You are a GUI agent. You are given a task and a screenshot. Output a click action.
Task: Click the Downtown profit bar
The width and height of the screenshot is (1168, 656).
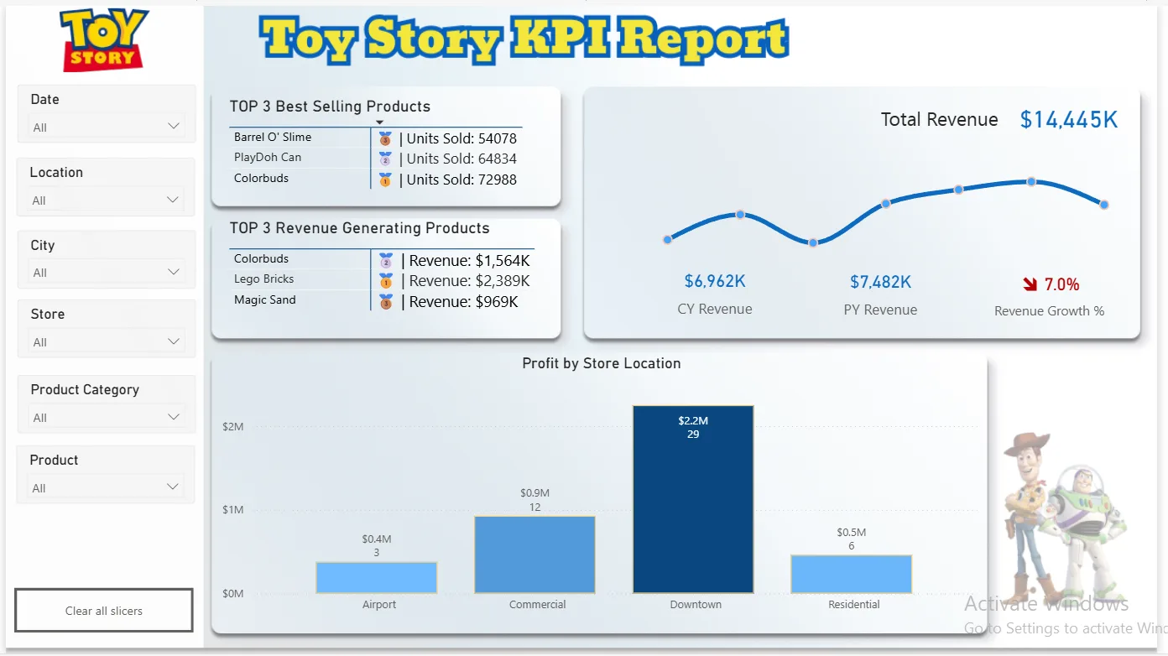(x=693, y=499)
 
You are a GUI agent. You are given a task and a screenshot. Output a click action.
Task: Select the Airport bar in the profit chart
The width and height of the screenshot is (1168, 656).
(x=376, y=577)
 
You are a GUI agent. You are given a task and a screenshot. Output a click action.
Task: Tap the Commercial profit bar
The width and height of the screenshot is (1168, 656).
(x=534, y=554)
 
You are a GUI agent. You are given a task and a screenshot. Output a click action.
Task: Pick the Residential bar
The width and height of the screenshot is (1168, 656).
(x=851, y=574)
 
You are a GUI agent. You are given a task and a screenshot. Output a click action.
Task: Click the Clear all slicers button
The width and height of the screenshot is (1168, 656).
(x=104, y=610)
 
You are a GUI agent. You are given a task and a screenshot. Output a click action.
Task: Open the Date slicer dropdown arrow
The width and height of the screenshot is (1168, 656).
(x=173, y=126)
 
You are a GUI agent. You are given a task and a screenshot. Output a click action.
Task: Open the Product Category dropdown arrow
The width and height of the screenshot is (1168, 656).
(x=173, y=417)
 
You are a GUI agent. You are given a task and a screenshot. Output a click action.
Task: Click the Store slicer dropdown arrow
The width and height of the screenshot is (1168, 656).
(x=173, y=341)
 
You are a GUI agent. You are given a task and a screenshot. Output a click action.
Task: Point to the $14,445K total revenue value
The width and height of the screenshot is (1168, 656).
(x=1068, y=120)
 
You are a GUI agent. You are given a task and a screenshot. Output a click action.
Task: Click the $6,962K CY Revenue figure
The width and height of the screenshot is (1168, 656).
(x=715, y=282)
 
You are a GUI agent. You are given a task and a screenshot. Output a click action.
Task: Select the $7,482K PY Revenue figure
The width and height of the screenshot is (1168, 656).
(x=881, y=282)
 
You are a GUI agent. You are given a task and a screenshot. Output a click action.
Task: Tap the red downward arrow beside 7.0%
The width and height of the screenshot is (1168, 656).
(x=1030, y=284)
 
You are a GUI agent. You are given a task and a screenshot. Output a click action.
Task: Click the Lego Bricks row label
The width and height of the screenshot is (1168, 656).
(x=263, y=279)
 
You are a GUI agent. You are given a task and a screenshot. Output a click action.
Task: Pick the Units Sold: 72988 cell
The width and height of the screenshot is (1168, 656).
(x=458, y=180)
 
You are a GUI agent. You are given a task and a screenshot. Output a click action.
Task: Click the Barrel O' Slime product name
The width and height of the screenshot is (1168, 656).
(x=273, y=137)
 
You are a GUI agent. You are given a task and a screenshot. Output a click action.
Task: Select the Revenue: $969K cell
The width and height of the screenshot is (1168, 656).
(x=460, y=302)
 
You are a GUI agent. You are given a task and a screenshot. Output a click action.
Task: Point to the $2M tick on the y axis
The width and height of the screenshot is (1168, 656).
(x=232, y=426)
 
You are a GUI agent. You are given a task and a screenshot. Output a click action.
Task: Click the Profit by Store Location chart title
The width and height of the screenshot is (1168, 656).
(x=602, y=363)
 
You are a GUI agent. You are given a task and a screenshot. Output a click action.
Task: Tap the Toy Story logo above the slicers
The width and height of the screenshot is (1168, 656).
(x=104, y=40)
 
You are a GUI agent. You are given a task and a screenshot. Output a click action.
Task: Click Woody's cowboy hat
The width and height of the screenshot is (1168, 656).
(x=1027, y=442)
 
